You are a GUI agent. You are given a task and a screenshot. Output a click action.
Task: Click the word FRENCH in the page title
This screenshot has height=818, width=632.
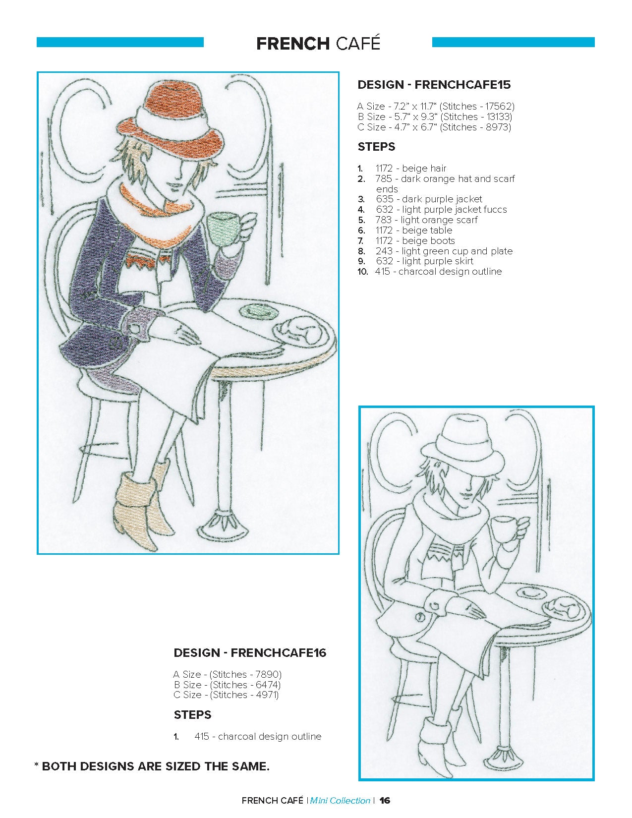[x=293, y=44]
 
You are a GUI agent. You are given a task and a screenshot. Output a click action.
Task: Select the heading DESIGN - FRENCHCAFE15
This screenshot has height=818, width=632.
[x=434, y=85]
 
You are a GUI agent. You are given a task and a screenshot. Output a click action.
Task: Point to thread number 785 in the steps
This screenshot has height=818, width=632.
[x=384, y=178]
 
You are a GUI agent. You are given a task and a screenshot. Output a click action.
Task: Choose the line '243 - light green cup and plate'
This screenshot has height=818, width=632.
[x=444, y=251]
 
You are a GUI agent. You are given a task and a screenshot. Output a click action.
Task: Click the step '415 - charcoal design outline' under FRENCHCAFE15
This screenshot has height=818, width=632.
[x=439, y=271]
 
